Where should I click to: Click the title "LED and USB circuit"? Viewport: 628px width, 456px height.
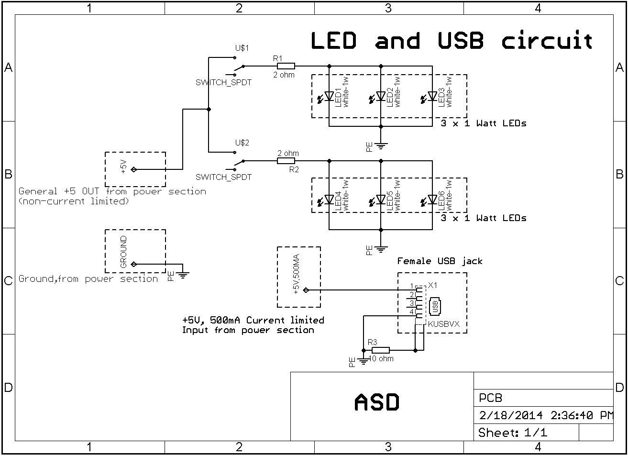point(452,41)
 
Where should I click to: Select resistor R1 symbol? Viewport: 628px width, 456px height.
point(286,66)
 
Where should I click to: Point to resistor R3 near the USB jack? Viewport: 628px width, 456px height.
point(381,350)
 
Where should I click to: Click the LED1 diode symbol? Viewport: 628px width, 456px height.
point(329,96)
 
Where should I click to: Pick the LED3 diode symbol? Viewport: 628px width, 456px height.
point(432,96)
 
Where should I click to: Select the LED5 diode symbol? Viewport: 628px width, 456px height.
point(381,200)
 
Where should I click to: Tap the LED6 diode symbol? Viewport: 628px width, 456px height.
point(432,200)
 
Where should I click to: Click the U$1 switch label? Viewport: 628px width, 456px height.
point(242,48)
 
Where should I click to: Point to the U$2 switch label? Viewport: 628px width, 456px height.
point(242,143)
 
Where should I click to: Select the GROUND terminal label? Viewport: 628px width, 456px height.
point(124,252)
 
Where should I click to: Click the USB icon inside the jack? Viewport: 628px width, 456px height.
point(435,307)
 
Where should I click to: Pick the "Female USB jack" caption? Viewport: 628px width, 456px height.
point(440,261)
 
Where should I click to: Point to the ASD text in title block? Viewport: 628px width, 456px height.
point(377,402)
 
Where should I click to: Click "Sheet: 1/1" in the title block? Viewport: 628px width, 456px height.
point(513,433)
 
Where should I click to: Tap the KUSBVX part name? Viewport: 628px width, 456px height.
point(444,324)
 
